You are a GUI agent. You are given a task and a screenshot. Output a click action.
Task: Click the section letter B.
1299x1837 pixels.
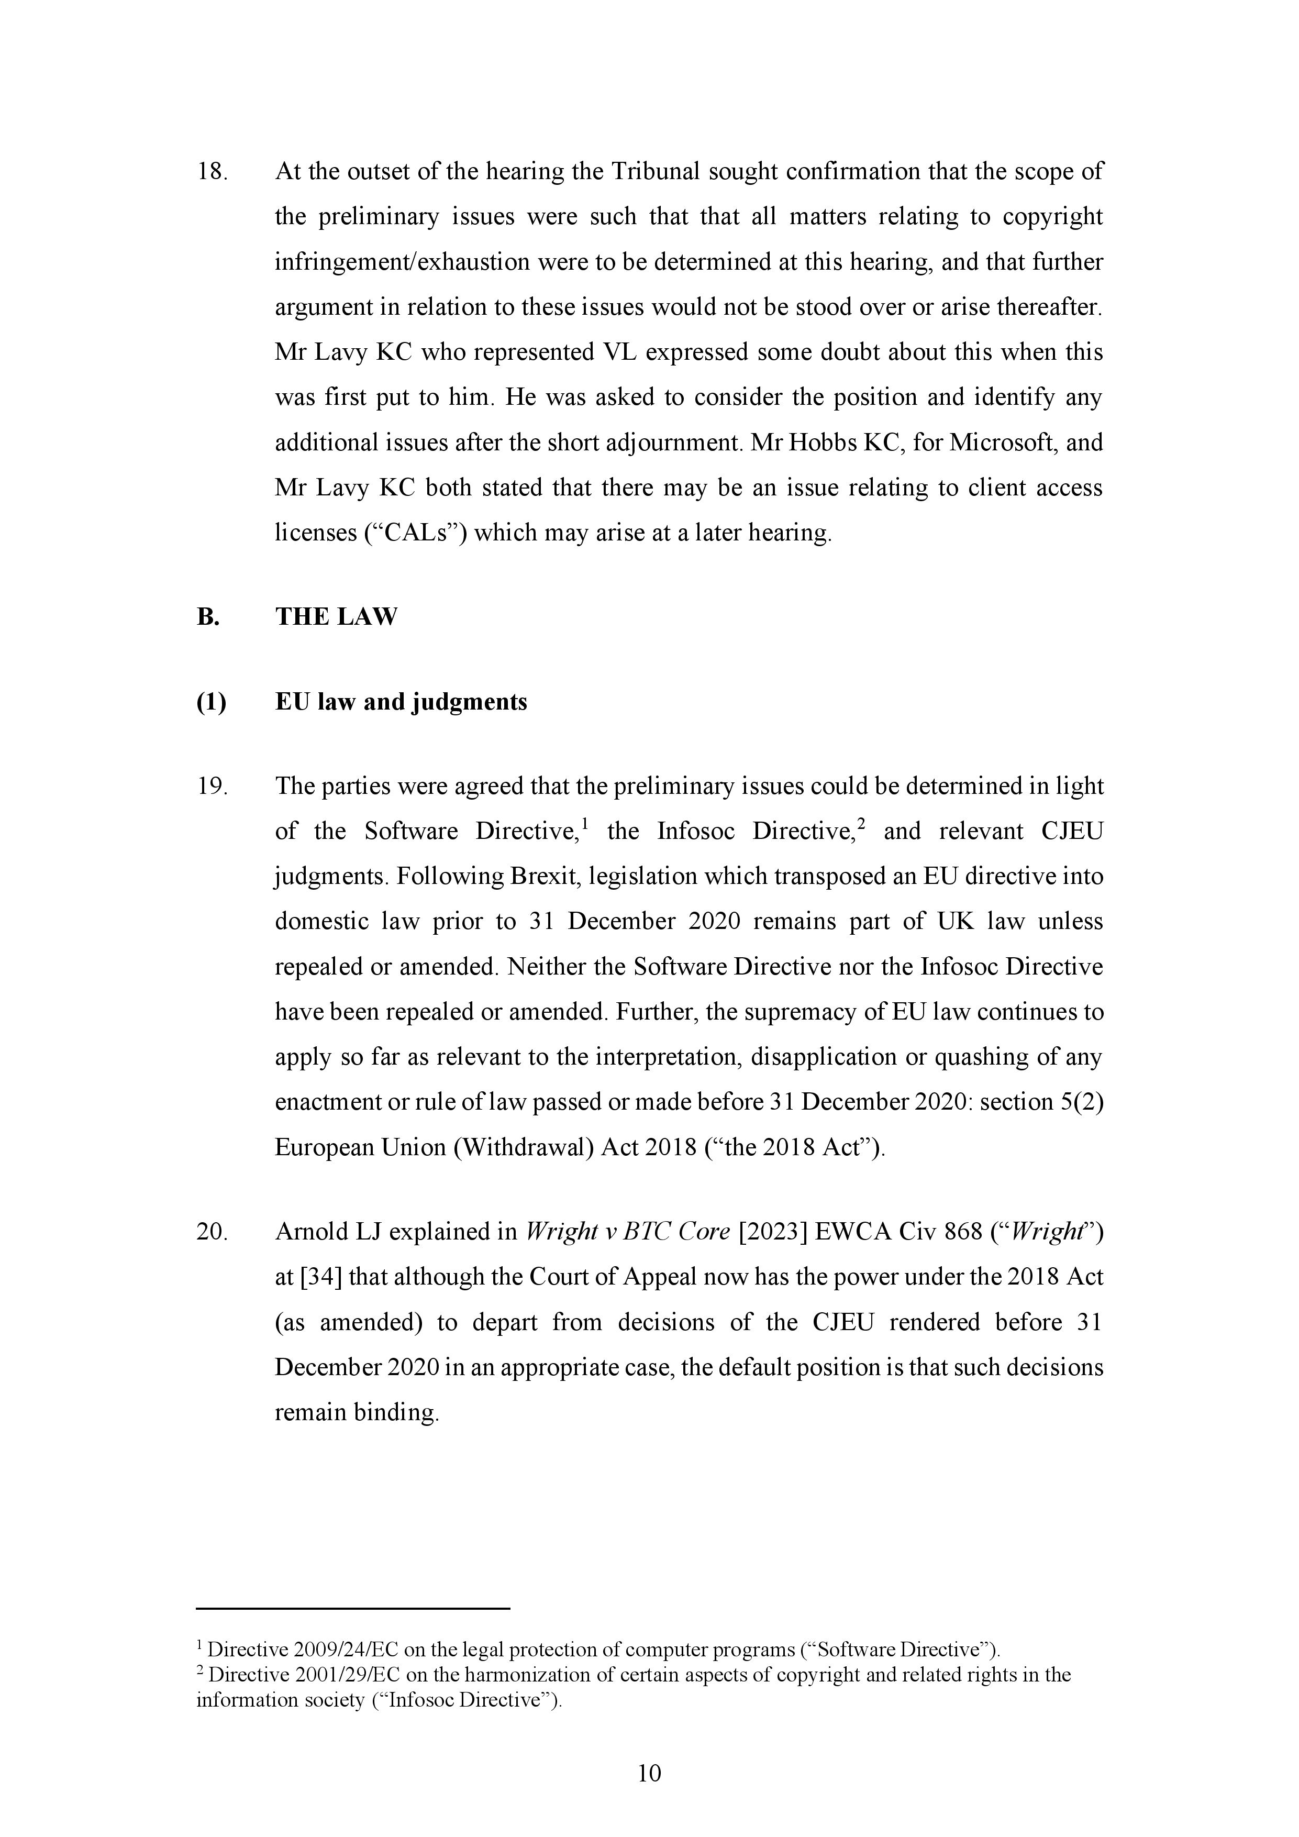coord(207,617)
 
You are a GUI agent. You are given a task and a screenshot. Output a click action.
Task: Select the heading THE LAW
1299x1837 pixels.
coord(336,617)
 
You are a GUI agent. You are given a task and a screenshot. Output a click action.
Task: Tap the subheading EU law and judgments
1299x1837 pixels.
coord(401,702)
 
